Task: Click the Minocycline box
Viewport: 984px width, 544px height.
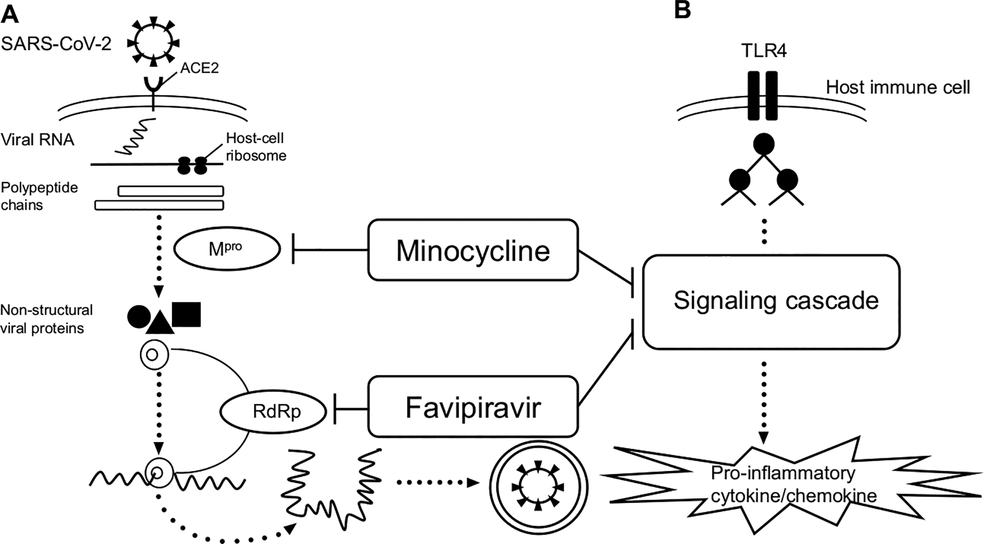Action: (x=473, y=250)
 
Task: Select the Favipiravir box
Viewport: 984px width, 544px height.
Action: (x=473, y=406)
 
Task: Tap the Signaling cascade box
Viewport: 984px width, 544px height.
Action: (x=771, y=302)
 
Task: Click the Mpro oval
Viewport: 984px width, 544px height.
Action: (x=227, y=249)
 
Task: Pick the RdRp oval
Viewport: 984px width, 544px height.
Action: (x=273, y=412)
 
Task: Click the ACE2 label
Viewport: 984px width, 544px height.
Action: (x=199, y=68)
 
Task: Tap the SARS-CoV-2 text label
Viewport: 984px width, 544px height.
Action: (x=56, y=45)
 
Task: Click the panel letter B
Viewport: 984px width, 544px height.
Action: (x=682, y=10)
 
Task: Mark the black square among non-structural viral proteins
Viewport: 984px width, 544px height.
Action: (x=186, y=314)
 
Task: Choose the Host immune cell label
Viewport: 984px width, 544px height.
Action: (x=898, y=87)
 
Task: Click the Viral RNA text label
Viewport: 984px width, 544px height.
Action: (x=38, y=139)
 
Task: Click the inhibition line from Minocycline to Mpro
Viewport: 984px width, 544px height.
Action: (x=330, y=249)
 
